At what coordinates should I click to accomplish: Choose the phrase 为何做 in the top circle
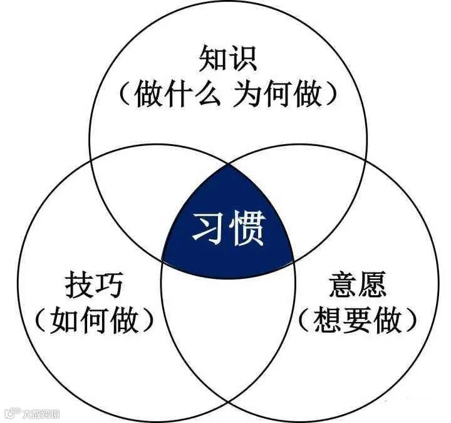pyautogui.click(x=278, y=95)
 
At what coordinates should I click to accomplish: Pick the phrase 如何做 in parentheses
pyautogui.click(x=94, y=321)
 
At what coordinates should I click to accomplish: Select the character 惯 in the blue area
pyautogui.click(x=248, y=229)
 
